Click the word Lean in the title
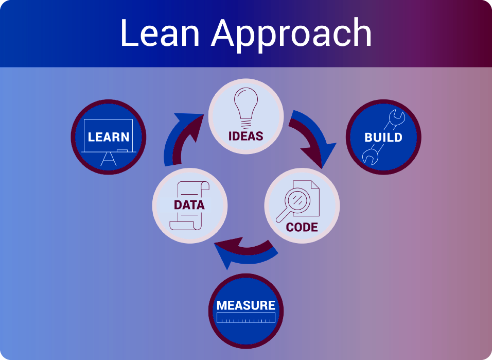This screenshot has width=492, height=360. point(160,32)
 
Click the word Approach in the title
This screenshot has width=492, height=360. point(291,35)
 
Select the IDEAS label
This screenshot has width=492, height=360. point(245,136)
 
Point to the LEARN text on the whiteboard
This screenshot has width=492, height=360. point(109,137)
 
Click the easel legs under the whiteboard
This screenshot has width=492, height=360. point(109,159)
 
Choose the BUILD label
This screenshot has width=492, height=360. point(383,138)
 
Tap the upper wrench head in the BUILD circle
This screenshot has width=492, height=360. point(397,118)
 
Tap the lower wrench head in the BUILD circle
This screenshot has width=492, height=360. point(370,157)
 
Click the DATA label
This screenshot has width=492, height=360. point(189,205)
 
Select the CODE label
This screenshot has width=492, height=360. point(302,227)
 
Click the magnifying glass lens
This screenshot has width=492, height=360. point(297,200)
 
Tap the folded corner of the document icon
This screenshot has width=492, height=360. point(315,185)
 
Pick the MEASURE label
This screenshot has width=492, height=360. point(245,305)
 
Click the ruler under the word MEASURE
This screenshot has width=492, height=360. point(245,318)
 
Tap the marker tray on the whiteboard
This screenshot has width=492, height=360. point(122,151)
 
